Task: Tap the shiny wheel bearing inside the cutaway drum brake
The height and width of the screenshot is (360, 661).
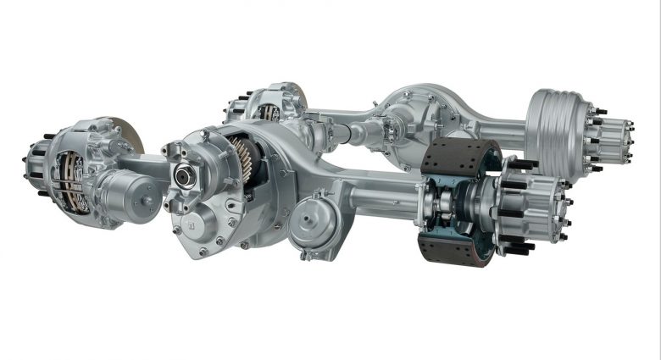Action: (475, 203)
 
